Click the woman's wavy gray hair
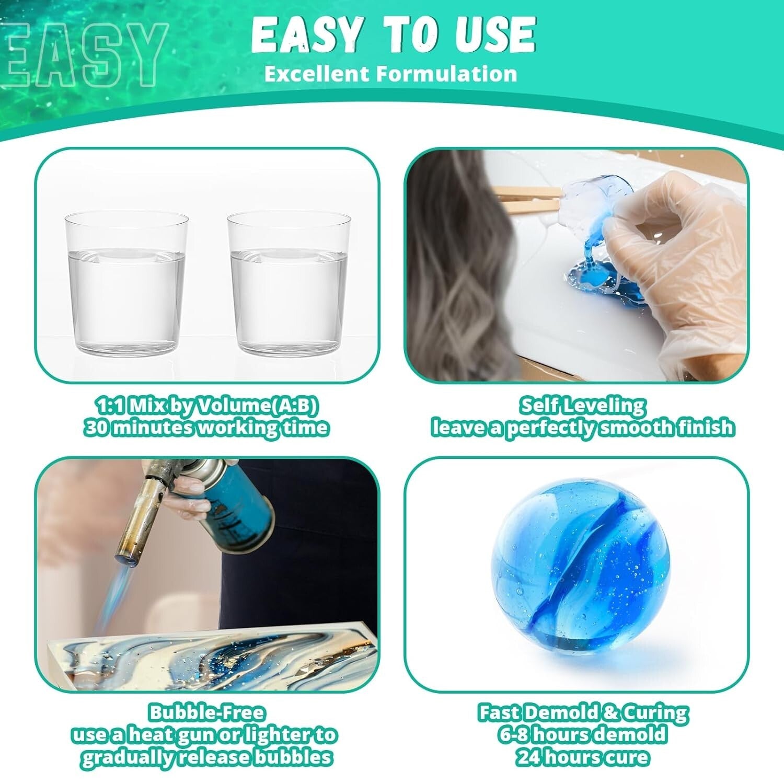[x=460, y=272]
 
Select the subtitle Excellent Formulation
[x=390, y=74]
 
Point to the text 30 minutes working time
[x=206, y=428]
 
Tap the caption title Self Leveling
[x=582, y=406]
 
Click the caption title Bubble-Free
[x=207, y=713]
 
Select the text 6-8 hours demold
[x=582, y=735]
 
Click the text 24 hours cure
[x=582, y=757]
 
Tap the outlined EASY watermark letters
[x=84, y=55]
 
